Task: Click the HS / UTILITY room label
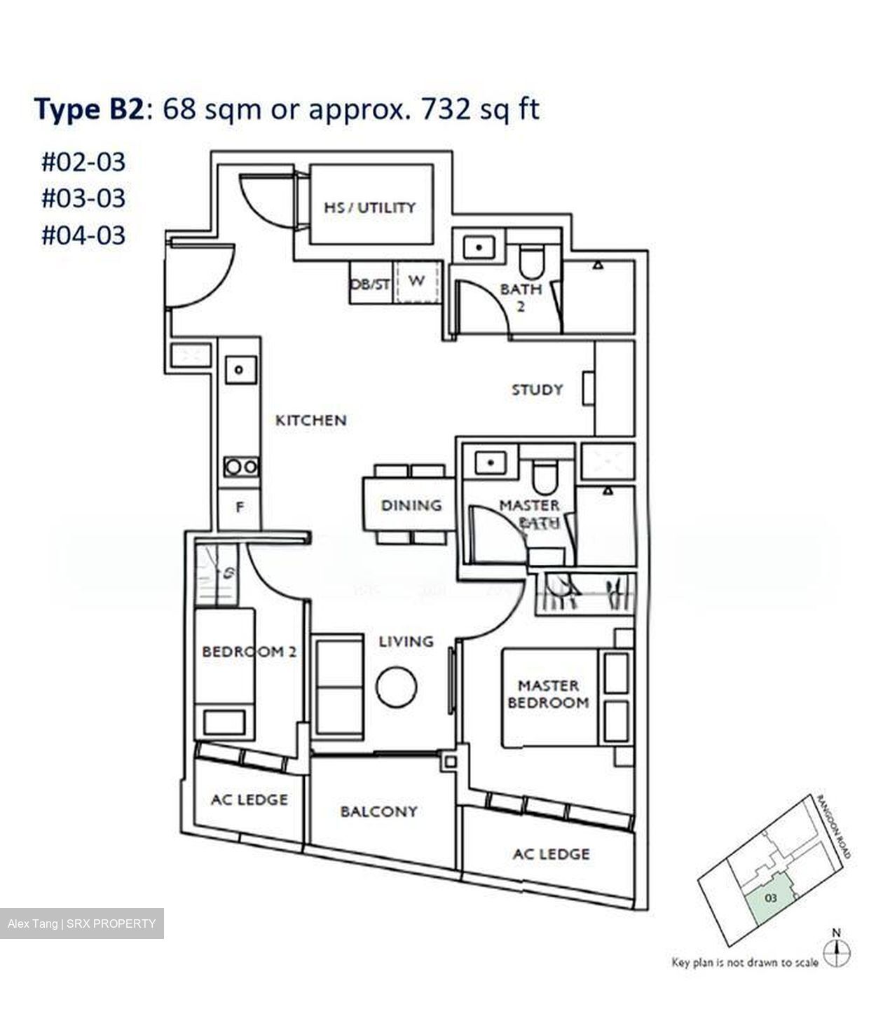(x=369, y=207)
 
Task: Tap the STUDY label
(x=537, y=390)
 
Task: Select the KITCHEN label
(x=310, y=420)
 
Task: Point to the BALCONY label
(x=378, y=811)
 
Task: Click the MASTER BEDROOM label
(x=548, y=694)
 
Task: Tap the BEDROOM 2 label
(x=249, y=652)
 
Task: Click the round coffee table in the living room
(x=396, y=687)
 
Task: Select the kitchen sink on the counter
(x=240, y=369)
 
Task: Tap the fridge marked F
(x=240, y=507)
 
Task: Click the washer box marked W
(x=416, y=282)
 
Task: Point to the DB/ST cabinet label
(x=370, y=284)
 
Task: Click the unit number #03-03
(x=83, y=198)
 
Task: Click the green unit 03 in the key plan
(x=771, y=898)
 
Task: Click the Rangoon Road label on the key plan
(x=834, y=827)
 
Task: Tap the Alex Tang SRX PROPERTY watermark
(x=82, y=924)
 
